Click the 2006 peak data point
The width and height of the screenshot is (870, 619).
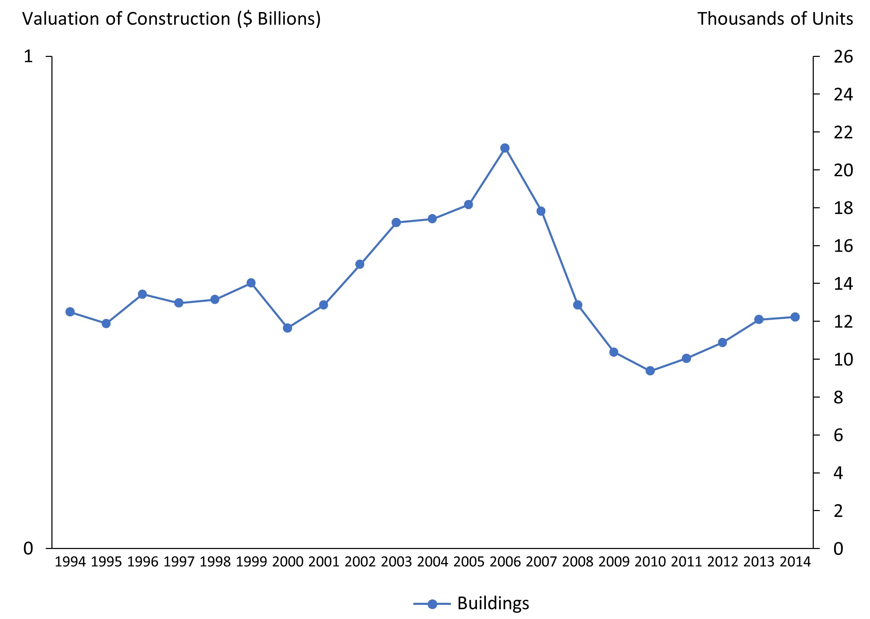[x=505, y=148]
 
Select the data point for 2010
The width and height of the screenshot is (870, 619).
[x=650, y=370]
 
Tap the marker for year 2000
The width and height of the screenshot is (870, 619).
[x=287, y=328]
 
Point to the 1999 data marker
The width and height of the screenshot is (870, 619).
[x=251, y=283]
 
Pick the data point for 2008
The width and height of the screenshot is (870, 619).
[x=577, y=305]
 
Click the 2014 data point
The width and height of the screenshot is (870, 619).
[x=795, y=317]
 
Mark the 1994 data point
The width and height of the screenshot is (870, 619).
[x=70, y=312]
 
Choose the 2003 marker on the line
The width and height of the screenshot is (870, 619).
[x=396, y=222]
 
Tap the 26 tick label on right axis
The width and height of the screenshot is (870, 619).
[x=843, y=57]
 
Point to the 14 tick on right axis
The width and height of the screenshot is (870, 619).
[x=843, y=284]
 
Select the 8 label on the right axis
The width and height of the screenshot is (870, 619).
[x=838, y=398]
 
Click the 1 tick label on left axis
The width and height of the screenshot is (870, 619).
[x=28, y=57]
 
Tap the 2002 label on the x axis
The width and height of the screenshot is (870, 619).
[x=360, y=562]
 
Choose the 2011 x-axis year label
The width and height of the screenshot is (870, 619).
[x=686, y=562]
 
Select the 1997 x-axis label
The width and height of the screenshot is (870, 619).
[x=178, y=562]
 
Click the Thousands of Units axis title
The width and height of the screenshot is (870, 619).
[x=775, y=19]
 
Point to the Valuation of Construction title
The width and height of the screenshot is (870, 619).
[x=172, y=19]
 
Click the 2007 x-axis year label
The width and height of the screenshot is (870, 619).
[x=541, y=562]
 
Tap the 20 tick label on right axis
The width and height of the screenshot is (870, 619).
[x=843, y=170]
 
